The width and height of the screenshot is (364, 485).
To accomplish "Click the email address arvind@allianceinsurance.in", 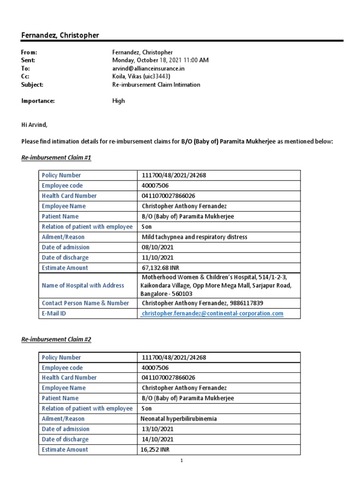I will (148, 69).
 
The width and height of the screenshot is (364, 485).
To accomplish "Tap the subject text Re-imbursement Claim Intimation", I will (156, 85).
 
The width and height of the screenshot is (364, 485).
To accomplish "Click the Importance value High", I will (118, 101).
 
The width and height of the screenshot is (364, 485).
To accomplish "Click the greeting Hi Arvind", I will (35, 125).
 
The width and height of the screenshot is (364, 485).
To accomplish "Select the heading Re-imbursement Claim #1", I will (56, 158).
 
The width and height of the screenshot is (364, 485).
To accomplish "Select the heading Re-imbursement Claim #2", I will (56, 340).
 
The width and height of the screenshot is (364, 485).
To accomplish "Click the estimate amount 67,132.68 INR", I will (162, 268).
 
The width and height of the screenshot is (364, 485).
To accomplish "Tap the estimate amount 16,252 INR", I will (156, 450).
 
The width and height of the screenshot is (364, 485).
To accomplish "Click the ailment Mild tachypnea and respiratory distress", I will (194, 237).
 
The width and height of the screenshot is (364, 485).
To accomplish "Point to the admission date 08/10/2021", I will (158, 247).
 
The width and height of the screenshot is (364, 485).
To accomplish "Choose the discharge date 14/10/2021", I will (158, 440).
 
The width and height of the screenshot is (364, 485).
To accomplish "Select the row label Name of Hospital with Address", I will (83, 286).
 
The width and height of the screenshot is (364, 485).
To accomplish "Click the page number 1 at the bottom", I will (182, 460).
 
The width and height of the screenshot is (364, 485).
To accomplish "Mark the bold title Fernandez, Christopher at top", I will (60, 36).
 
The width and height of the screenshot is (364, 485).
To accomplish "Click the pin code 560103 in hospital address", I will (182, 294).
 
